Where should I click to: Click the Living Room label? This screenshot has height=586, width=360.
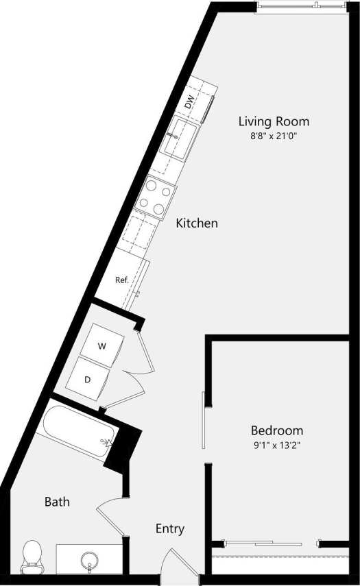coord(274,121)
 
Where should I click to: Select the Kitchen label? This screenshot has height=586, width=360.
coord(197,223)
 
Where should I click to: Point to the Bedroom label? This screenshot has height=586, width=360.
coord(277,430)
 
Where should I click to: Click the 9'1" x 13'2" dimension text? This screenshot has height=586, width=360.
coord(277,445)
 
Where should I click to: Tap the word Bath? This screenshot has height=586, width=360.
coord(57,502)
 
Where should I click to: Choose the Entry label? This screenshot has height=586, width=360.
coord(170,528)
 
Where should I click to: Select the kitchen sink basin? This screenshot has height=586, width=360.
coord(179,137)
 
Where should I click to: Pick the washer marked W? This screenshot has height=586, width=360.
coord(102,346)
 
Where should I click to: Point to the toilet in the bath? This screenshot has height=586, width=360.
coord(32,557)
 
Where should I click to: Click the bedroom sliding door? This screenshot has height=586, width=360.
coord(204,420)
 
